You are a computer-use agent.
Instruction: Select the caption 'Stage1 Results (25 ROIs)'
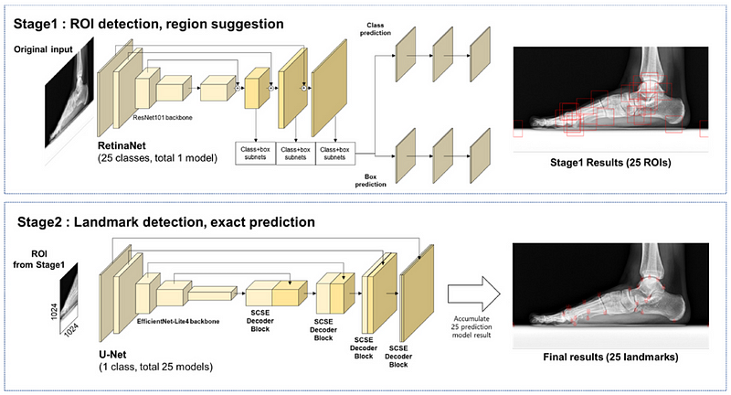click(612, 166)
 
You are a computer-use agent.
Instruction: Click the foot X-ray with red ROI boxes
click(612, 96)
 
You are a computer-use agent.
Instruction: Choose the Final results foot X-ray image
click(612, 294)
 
